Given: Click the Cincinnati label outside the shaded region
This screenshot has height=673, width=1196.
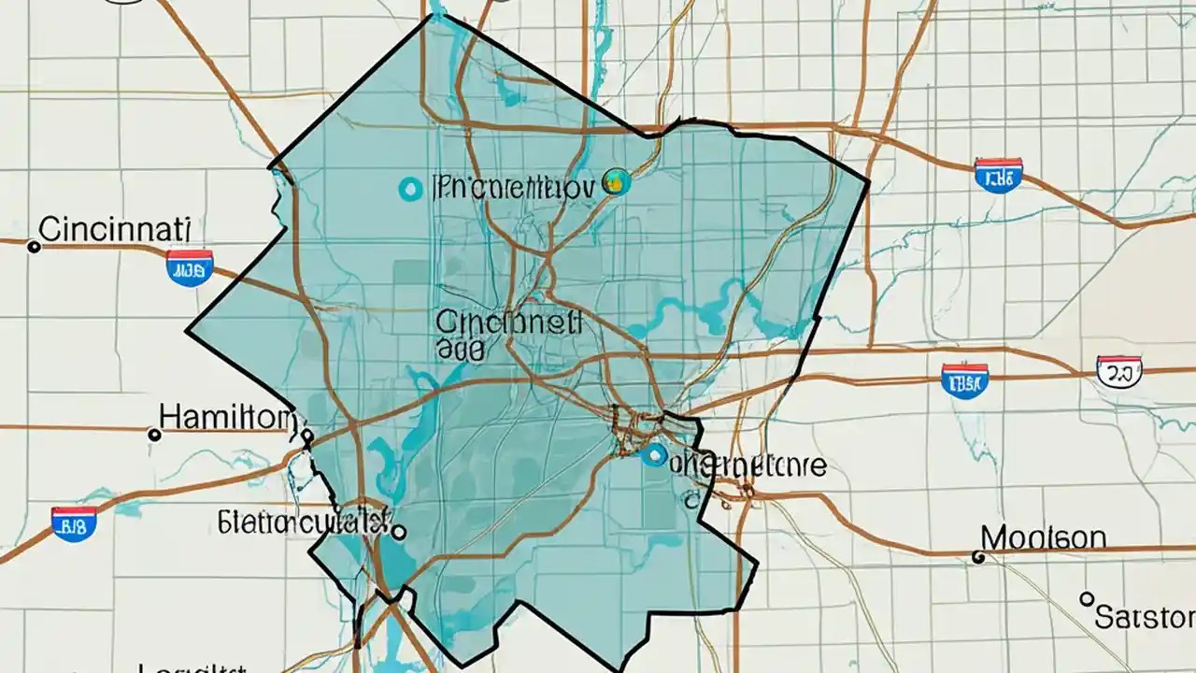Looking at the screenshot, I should point(116,227).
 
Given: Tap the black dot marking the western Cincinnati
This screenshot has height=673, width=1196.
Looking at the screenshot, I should point(35,247).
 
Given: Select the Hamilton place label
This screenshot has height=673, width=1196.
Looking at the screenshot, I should point(225,417).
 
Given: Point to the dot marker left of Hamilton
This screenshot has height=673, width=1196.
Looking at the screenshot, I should point(155,435).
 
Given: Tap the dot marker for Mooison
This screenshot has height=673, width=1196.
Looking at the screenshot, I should point(978,557).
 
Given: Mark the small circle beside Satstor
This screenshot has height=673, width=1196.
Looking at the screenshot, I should point(1086,598).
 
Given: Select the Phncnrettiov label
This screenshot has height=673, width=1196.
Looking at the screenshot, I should point(513,188).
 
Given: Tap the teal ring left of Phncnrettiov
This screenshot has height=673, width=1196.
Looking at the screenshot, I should point(409,190).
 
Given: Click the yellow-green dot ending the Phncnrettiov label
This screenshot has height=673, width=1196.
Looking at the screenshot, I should point(616,182).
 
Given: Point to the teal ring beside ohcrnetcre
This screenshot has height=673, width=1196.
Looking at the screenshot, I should point(655,456).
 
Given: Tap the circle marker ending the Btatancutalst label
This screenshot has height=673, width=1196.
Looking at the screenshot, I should point(399,533).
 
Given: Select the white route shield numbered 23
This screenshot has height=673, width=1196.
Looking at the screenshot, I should point(1118,371).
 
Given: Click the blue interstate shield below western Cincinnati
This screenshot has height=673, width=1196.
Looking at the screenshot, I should point(190,267).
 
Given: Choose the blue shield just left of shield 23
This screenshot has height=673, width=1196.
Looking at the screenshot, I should point(965,380).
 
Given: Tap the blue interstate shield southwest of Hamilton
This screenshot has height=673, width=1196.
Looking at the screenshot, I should point(74,524).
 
